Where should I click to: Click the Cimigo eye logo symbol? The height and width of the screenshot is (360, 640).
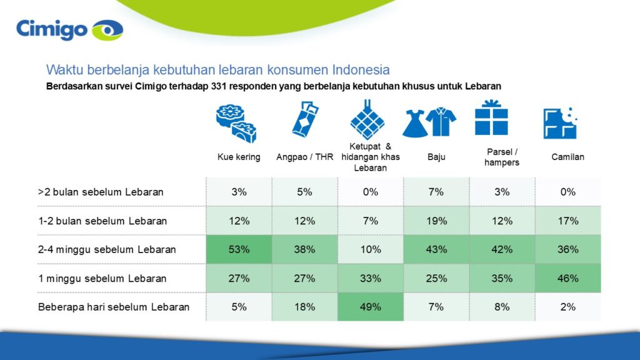point(107,30)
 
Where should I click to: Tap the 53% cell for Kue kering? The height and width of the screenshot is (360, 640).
point(239,249)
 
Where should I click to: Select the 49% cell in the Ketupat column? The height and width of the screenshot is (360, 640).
point(370,307)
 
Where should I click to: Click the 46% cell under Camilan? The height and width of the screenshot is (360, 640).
point(567,278)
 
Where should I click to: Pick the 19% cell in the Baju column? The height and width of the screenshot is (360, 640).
point(436,221)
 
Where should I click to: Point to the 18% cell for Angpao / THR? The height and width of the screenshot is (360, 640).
point(304,307)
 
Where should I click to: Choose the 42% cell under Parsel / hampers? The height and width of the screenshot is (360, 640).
point(502,249)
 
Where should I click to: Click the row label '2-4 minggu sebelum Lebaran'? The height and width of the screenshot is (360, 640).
point(107,249)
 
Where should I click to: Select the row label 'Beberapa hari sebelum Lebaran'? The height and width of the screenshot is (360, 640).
point(113,307)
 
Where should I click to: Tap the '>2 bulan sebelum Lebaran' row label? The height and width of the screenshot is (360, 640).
point(101,192)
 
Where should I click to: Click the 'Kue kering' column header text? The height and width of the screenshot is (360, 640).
point(239,157)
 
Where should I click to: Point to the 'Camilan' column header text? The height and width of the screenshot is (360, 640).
point(567,157)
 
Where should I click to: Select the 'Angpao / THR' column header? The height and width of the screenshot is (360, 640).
point(304,157)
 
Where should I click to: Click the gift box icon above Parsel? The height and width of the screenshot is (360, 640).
point(491,118)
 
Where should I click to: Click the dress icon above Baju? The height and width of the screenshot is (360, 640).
point(414,121)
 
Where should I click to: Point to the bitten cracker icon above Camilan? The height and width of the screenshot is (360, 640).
point(559,122)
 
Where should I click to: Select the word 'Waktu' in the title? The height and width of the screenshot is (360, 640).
point(61,69)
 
